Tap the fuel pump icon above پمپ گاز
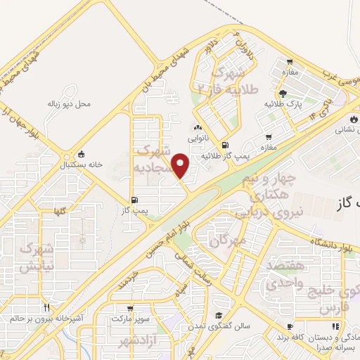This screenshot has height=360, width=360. click(134, 200)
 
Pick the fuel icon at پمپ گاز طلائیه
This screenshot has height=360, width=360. click(224, 146)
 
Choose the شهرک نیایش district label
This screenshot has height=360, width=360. click(35, 257)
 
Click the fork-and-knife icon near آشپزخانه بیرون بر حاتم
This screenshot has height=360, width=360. click(47, 307)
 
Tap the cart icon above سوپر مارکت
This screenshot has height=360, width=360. click(130, 309)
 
